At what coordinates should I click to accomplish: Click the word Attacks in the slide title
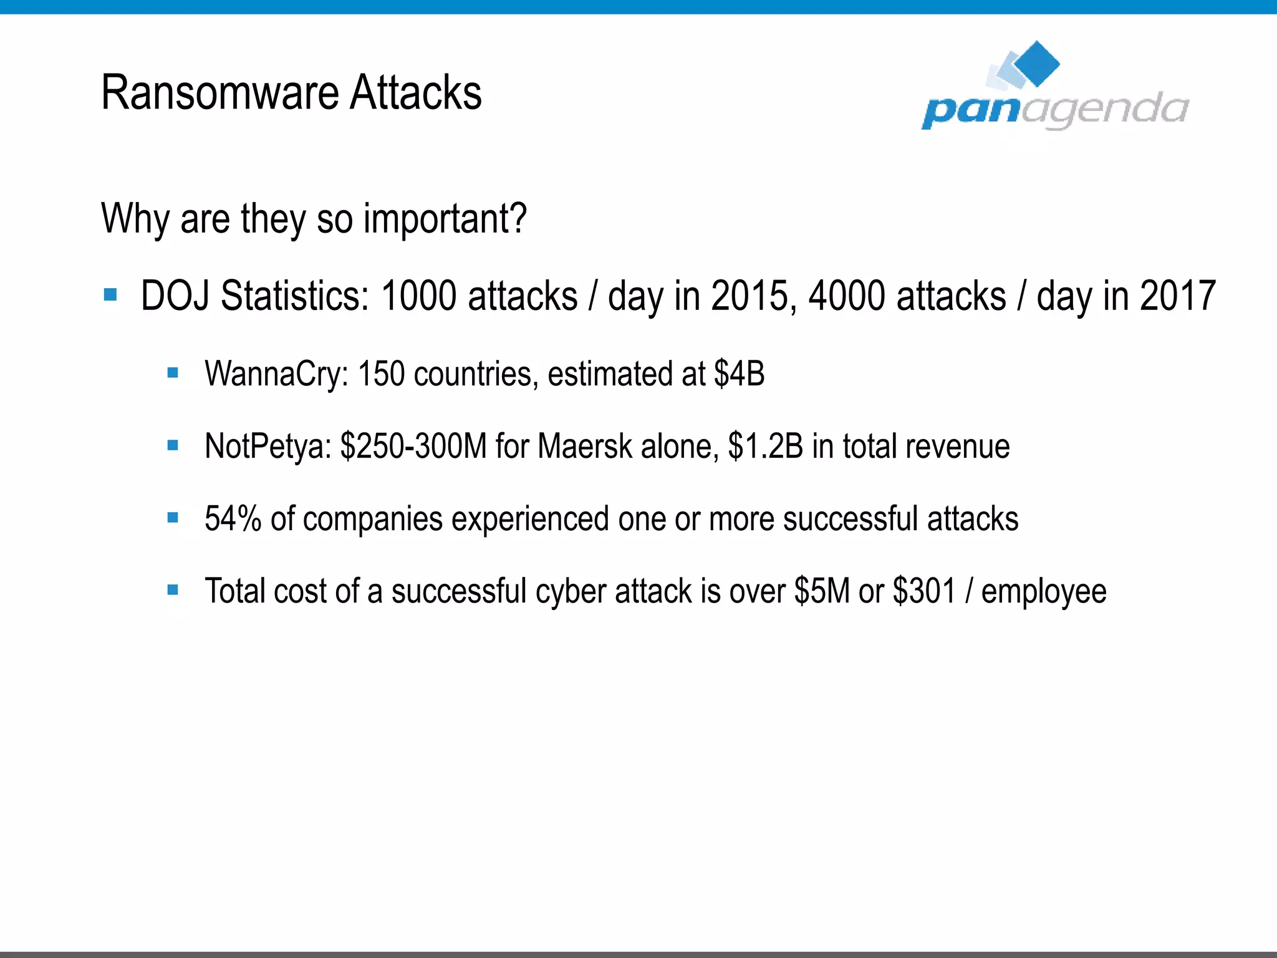pos(415,94)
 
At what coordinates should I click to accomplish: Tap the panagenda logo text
pos(1055,111)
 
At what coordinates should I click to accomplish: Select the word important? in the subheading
pos(445,220)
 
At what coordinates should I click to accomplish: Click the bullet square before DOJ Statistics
pos(111,294)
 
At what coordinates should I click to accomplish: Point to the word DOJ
pos(175,296)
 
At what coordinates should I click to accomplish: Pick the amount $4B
pos(740,374)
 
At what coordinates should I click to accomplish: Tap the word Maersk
pos(585,447)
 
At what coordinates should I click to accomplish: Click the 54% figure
pos(233,519)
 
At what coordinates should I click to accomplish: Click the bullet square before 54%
pos(173,518)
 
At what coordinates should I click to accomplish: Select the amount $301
pos(924,591)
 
